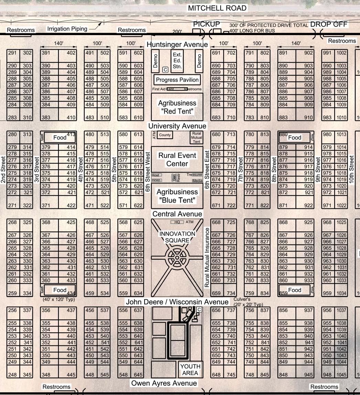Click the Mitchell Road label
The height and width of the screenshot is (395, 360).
217,8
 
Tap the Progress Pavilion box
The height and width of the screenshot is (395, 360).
177,80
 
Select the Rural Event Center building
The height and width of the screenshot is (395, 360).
177,159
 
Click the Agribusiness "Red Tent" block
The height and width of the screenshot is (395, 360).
177,107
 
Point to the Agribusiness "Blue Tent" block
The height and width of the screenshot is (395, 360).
177,196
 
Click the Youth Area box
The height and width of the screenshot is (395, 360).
190,370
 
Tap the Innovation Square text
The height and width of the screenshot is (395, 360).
177,237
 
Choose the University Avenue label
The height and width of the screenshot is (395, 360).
177,126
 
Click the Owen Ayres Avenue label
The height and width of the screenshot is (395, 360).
164,383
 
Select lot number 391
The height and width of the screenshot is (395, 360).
46,53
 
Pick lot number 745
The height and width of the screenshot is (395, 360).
231,375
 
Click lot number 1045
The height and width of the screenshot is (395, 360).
341,375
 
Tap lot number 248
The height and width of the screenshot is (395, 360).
12,375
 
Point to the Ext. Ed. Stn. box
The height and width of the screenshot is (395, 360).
177,61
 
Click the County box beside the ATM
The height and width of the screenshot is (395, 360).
165,135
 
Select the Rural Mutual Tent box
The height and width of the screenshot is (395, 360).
197,137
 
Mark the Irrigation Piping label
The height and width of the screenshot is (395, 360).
67,29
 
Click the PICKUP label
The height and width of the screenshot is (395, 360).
207,24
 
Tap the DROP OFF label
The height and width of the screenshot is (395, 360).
329,24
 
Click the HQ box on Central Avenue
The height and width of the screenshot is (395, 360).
177,222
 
